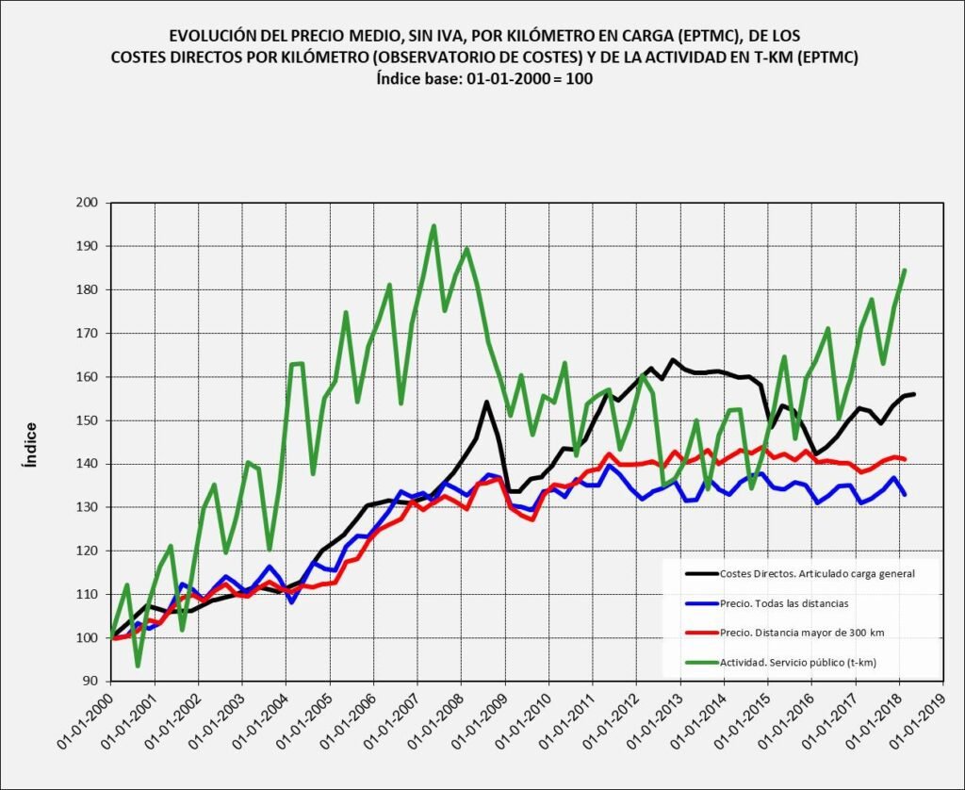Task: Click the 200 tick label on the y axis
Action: point(90,203)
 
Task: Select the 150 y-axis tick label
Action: point(90,420)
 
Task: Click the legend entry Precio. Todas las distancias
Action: point(783,602)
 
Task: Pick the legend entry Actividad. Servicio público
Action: point(797,663)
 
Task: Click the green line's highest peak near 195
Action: point(433,226)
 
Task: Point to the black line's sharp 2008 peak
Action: point(486,403)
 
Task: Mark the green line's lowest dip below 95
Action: point(138,666)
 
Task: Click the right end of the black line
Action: point(914,394)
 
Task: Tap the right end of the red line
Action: point(905,459)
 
